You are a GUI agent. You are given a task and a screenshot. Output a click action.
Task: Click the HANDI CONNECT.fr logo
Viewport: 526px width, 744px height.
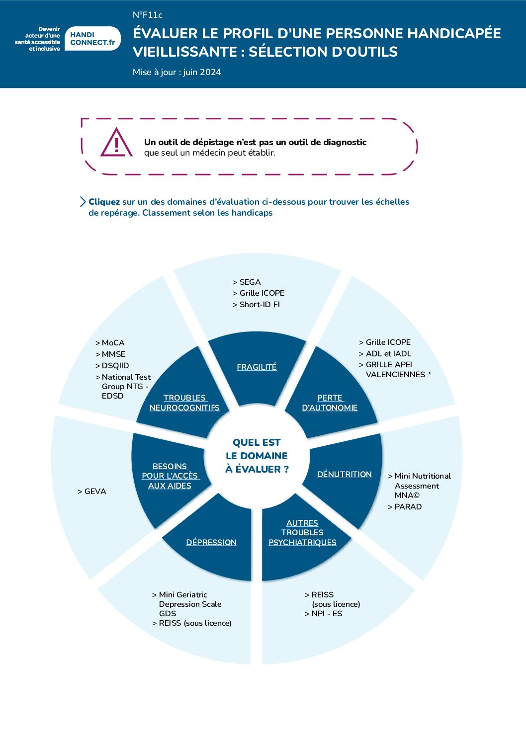[92, 39]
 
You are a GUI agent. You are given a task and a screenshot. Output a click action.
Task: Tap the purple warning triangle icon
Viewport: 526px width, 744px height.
[116, 142]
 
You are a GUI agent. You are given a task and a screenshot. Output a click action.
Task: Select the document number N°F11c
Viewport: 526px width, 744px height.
[147, 15]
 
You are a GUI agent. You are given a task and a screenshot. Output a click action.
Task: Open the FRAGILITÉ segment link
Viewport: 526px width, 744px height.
[257, 367]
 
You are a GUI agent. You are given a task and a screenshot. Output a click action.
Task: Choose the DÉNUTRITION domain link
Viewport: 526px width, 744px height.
[344, 474]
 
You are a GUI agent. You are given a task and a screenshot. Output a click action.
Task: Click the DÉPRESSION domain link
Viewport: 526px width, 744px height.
[211, 542]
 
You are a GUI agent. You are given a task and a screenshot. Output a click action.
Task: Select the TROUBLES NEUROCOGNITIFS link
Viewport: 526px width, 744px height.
[184, 403]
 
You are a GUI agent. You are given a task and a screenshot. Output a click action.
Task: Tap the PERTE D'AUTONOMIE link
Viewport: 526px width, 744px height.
[330, 403]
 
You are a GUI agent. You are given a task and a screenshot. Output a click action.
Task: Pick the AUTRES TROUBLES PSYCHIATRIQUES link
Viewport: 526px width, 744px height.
[302, 532]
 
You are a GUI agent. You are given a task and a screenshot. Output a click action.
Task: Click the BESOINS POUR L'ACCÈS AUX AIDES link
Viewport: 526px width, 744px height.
[170, 476]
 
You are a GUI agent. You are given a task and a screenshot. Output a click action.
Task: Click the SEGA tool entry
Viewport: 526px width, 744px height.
[247, 282]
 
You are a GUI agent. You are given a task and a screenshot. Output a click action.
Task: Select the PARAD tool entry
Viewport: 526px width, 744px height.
[405, 507]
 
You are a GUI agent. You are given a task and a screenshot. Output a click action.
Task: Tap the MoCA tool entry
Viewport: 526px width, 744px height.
[110, 343]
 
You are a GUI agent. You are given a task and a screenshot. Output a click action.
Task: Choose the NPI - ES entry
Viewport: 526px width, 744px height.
[323, 613]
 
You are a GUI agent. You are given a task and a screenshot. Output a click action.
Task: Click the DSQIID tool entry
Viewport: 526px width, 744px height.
[112, 366]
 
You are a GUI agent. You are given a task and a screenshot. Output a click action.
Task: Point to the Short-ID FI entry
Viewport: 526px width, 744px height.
[256, 305]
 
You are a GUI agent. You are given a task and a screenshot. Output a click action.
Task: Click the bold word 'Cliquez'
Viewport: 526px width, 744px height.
[104, 202]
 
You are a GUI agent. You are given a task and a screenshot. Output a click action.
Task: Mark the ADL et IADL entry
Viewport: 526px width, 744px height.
[385, 354]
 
